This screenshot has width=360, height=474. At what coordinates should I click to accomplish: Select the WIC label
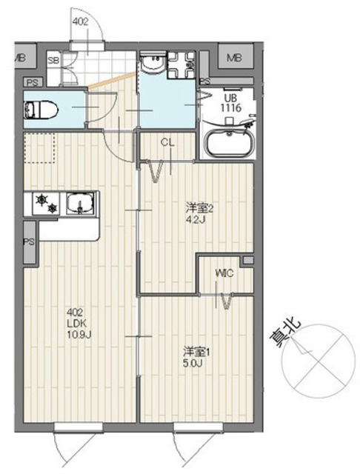pos(224,273)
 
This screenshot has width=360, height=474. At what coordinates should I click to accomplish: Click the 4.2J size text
pos(194,219)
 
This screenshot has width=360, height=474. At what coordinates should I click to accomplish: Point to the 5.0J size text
pos(193,362)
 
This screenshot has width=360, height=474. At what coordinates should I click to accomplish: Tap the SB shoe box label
pos(53,60)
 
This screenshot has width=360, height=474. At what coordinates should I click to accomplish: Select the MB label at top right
pos(234,58)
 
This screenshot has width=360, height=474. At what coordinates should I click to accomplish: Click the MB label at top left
pos(20,58)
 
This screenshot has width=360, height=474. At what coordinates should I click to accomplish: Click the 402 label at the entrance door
pos(81,22)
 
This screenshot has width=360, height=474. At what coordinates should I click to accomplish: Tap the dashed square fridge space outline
pos(40,149)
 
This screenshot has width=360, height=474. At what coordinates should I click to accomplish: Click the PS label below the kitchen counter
pos(29,242)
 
